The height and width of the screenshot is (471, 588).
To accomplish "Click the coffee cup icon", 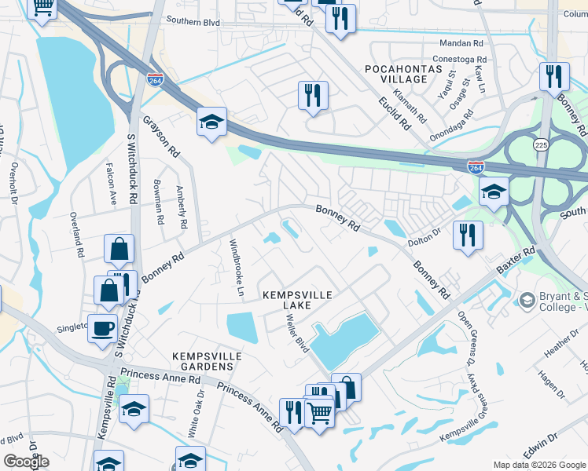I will (x=102, y=328).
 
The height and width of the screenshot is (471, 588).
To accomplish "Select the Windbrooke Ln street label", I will (x=235, y=263).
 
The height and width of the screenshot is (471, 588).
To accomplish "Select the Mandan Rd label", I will (x=462, y=43).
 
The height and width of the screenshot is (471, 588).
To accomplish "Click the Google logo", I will (x=25, y=461).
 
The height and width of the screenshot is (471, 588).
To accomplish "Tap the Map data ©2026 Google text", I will (x=538, y=465).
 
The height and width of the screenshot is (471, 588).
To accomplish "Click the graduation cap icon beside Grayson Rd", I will (x=211, y=122).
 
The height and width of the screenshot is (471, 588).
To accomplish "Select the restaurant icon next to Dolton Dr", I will (x=468, y=234).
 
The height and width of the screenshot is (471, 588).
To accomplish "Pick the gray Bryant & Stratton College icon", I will (x=527, y=300).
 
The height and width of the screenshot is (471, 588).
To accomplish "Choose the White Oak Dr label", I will (x=197, y=411).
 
